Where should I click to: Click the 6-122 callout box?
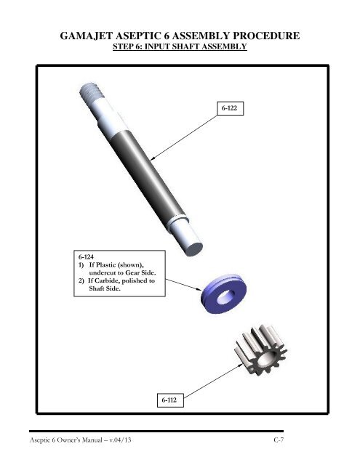click(231, 108)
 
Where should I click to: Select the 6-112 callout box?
click(170, 400)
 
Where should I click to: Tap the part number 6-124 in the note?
click(86, 256)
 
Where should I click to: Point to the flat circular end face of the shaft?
click(194, 248)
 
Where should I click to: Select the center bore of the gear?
click(263, 360)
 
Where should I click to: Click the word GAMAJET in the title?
click(87, 36)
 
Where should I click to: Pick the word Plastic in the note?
click(105, 264)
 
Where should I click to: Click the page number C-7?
click(279, 440)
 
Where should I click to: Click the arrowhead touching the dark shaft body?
click(153, 158)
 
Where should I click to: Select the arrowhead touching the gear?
click(240, 366)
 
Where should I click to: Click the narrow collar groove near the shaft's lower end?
click(177, 219)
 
